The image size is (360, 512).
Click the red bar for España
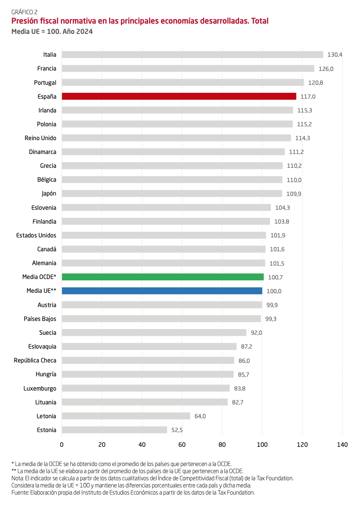(x=178, y=96)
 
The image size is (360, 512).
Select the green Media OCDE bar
(x=162, y=277)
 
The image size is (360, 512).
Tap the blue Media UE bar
(x=161, y=291)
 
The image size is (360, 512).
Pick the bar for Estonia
(x=114, y=430)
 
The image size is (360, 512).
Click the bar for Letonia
(x=126, y=416)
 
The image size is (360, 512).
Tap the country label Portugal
(x=45, y=83)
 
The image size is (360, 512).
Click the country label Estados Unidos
(x=36, y=235)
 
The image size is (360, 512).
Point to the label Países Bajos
(x=40, y=319)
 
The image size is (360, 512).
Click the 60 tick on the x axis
(x=182, y=445)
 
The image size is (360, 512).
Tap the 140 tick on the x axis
(x=342, y=445)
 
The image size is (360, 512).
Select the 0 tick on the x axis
(x=62, y=445)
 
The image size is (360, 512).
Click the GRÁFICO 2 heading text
(x=25, y=12)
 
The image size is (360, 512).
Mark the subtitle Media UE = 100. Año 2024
(x=52, y=32)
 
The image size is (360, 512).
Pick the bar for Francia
(x=188, y=69)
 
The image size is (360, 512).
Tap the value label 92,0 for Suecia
(x=256, y=333)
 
